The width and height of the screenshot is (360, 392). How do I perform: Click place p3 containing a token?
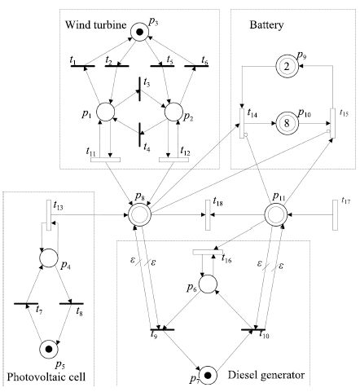pyautogui.click(x=139, y=32)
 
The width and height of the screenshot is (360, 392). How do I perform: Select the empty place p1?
pyautogui.click(x=106, y=112)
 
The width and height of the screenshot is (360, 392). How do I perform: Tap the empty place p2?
pyautogui.click(x=173, y=112)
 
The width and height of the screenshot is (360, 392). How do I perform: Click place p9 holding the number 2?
pyautogui.click(x=287, y=66)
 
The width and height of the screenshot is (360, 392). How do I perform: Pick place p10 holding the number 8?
pyautogui.click(x=287, y=123)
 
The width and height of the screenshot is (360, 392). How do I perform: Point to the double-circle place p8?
pyautogui.click(x=139, y=215)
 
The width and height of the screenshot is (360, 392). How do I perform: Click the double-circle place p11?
pyautogui.click(x=276, y=215)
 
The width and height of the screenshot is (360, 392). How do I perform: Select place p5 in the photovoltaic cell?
pyautogui.click(x=49, y=349)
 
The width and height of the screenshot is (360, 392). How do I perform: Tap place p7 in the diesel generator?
pyautogui.click(x=208, y=376)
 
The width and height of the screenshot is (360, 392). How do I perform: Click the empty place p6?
pyautogui.click(x=208, y=284)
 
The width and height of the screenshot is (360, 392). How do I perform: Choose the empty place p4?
pyautogui.click(x=49, y=258)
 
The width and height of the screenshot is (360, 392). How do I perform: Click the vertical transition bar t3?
pyautogui.click(x=139, y=89)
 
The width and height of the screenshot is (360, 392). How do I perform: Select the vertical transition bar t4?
pyautogui.click(x=139, y=134)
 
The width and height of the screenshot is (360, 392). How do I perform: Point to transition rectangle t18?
pyautogui.click(x=208, y=215)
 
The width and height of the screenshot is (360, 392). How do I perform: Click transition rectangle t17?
pyautogui.click(x=336, y=215)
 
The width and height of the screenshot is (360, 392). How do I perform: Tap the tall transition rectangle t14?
pyautogui.click(x=242, y=123)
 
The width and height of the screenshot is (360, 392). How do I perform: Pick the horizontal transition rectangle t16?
pyautogui.click(x=208, y=252)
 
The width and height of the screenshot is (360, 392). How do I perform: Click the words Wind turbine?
pyautogui.click(x=96, y=24)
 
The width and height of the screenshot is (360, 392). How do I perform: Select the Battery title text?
pyautogui.click(x=266, y=25)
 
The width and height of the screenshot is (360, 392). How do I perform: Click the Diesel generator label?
pyautogui.click(x=266, y=375)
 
